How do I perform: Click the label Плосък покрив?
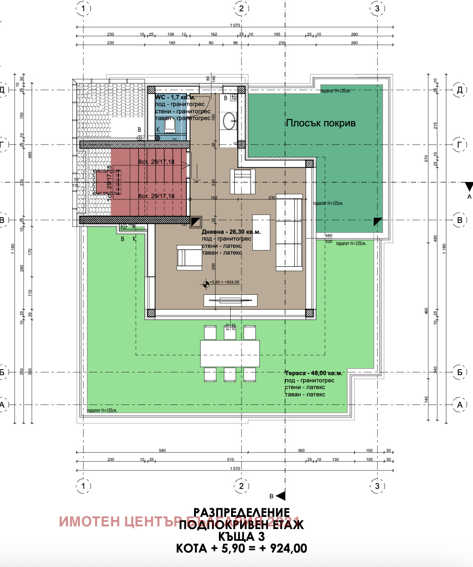click(x=320, y=123)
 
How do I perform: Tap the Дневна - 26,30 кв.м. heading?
click(x=231, y=232)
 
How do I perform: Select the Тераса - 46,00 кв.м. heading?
click(x=314, y=373)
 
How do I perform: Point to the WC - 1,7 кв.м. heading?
click(x=176, y=98)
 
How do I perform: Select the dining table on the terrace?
click(x=230, y=353)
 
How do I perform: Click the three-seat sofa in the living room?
click(x=289, y=232)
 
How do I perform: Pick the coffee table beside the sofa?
click(x=261, y=232)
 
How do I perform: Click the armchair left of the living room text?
click(x=188, y=258)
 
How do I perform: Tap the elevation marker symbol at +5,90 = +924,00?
click(x=206, y=283)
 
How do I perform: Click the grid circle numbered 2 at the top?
click(x=241, y=8)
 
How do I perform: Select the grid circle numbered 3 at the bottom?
click(x=377, y=486)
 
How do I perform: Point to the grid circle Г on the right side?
click(x=459, y=144)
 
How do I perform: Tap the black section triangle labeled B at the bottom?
click(x=280, y=496)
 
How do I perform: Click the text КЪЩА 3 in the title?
click(x=241, y=537)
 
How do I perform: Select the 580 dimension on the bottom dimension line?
click(x=162, y=450)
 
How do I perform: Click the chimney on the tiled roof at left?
click(x=107, y=182)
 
